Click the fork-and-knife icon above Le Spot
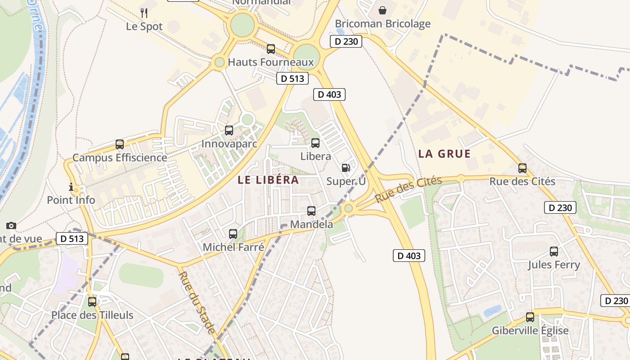tap(144, 13)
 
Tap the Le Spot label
tap(144, 26)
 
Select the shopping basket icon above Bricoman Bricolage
tap(382, 10)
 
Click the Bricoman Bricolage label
tap(382, 24)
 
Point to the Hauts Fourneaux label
tap(270, 62)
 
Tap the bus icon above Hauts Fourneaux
tap(271, 49)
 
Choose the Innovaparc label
tap(229, 144)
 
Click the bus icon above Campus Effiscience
tap(120, 144)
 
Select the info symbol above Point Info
tap(71, 187)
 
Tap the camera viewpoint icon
tap(11, 225)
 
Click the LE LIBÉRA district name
tap(268, 180)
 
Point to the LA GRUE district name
tap(444, 154)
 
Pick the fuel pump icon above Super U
tap(346, 168)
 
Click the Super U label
tap(346, 181)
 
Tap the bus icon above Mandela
tap(311, 211)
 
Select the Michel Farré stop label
tap(233, 247)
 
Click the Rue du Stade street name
tap(196, 302)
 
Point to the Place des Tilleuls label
tap(92, 315)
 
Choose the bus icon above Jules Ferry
tap(554, 251)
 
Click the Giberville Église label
tap(530, 331)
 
